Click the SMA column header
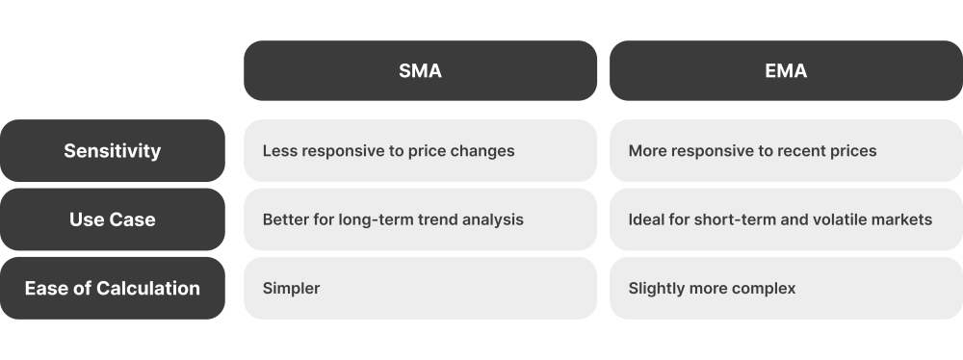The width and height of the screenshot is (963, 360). [420, 70]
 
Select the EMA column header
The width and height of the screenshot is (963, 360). [786, 70]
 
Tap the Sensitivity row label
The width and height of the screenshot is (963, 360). [112, 151]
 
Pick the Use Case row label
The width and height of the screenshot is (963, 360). [112, 219]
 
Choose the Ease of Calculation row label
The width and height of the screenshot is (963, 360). [112, 288]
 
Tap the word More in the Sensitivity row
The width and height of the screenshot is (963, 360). [647, 151]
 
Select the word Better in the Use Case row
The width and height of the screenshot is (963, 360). [285, 219]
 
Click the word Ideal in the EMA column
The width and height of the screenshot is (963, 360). [646, 219]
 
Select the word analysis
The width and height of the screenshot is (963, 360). [492, 219]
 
